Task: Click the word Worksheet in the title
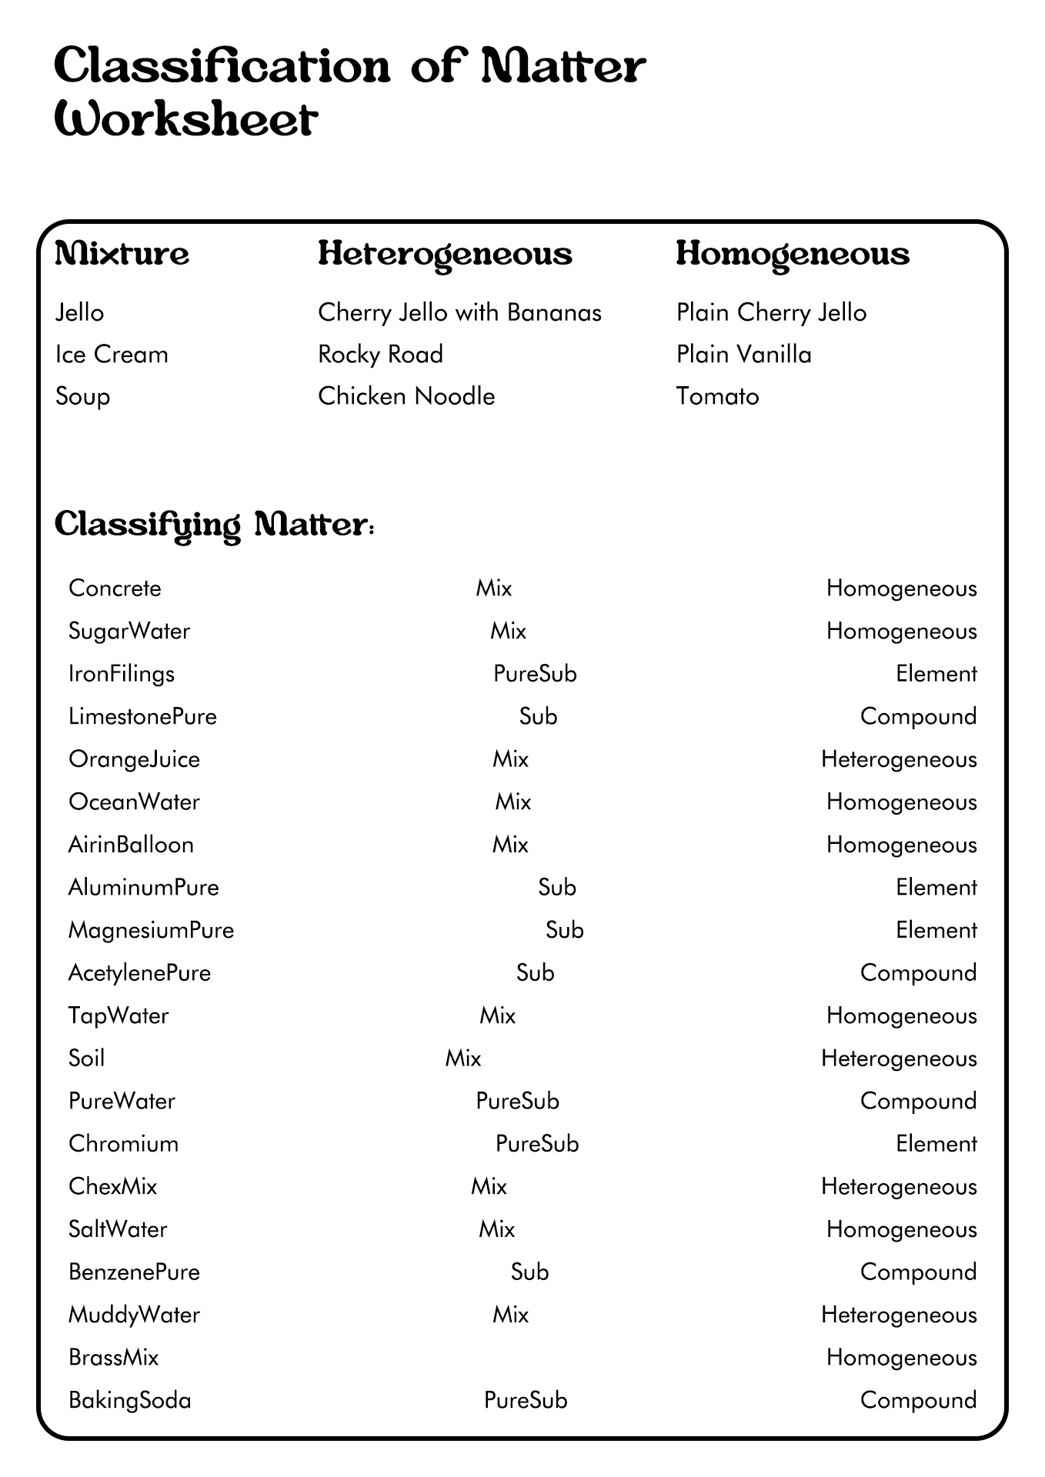click(185, 120)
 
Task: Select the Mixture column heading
click(122, 254)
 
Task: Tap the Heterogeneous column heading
click(445, 255)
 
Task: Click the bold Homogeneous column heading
click(793, 255)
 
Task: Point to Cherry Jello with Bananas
click(459, 312)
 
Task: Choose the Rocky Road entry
click(380, 354)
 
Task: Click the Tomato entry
click(717, 396)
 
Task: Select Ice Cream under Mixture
click(112, 354)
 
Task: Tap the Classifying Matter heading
click(214, 525)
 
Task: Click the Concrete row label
click(115, 588)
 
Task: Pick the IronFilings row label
click(122, 674)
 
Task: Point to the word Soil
click(86, 1059)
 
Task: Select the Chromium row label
click(123, 1144)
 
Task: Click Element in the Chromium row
click(936, 1144)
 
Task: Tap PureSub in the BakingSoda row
click(526, 1400)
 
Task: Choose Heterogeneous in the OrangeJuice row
click(898, 759)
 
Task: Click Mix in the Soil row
click(463, 1059)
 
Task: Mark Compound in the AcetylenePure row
click(918, 973)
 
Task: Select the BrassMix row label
click(113, 1357)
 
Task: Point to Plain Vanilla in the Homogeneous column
click(743, 354)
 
